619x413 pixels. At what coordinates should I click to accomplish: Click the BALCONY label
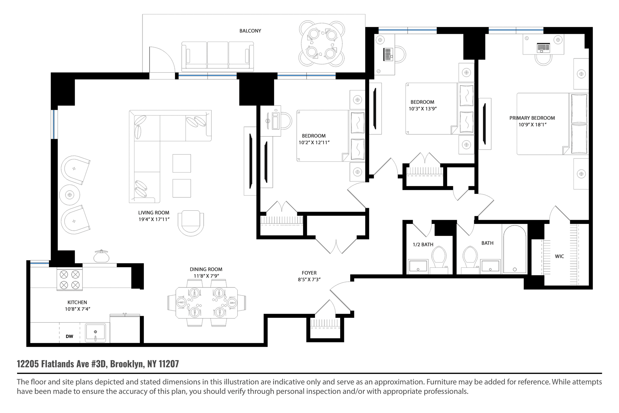coord(250,31)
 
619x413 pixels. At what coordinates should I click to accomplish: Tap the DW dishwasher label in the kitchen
coord(69,336)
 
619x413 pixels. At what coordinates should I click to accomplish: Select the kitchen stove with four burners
coord(70,279)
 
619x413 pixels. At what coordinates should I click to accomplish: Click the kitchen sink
coord(95,333)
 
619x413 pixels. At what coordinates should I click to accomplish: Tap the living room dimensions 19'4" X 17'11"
coord(154,219)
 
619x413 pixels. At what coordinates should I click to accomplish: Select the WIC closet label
coord(559,257)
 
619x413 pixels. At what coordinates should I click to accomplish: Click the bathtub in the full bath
coord(515,249)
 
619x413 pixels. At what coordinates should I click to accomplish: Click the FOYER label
coord(309,273)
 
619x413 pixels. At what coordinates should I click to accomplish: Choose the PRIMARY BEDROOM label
coord(532,118)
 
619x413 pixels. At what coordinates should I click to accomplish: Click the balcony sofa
coord(218,56)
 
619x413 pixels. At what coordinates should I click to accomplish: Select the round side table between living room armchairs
coord(70,195)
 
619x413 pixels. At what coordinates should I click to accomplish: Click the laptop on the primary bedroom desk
coord(544,48)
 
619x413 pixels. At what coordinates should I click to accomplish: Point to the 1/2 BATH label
coord(423,245)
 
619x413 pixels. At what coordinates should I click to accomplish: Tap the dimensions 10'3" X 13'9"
coord(423,109)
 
